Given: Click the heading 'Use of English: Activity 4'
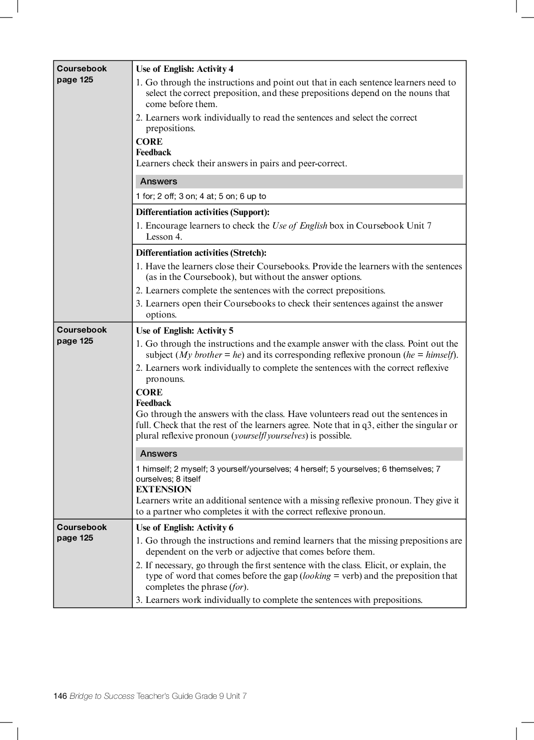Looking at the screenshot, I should [x=185, y=69].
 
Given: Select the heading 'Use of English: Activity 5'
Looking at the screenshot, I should [x=185, y=331].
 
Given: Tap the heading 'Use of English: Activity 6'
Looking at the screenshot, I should [x=185, y=527].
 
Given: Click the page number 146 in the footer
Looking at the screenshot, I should [x=60, y=696].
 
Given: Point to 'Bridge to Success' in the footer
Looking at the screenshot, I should [x=102, y=696].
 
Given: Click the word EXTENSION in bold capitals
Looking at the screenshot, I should [x=163, y=489].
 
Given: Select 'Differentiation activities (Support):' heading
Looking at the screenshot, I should [x=203, y=212].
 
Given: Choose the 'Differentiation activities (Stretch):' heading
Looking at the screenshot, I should [x=201, y=253].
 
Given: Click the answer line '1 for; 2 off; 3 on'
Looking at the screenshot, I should [x=201, y=196].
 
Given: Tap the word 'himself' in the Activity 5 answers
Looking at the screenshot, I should [x=156, y=469].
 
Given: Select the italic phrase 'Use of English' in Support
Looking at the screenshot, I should [x=300, y=226].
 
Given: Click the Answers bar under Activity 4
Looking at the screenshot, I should [x=299, y=181].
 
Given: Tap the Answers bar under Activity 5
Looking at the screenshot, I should [x=299, y=454].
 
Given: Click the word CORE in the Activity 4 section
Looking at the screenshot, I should [x=149, y=142].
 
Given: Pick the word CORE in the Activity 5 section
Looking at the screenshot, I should [x=149, y=392].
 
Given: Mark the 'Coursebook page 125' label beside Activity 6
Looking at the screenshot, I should [x=81, y=533].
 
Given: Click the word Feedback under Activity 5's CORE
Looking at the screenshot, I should [x=153, y=403].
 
